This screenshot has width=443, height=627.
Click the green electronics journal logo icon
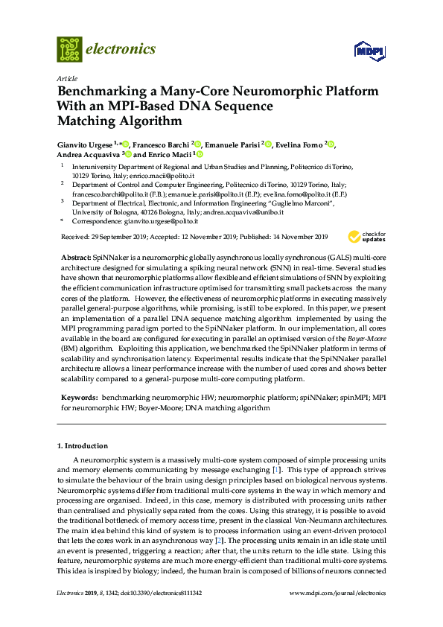[x=70, y=49]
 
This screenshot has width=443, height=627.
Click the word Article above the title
[x=66, y=78]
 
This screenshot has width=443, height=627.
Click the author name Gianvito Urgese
[x=86, y=144]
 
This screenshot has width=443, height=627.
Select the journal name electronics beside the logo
[x=122, y=49]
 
